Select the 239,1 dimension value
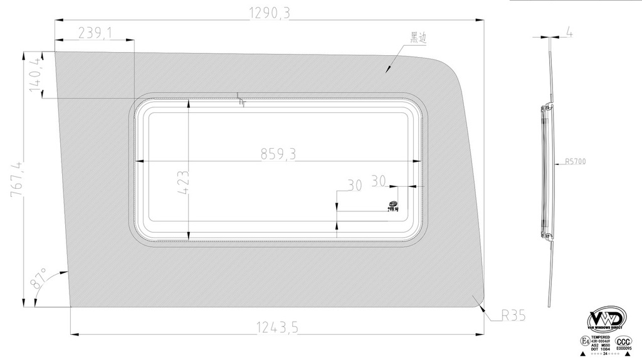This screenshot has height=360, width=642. [92, 33]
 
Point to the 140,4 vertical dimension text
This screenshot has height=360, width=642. [34, 75]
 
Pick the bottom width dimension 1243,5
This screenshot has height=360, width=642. [278, 327]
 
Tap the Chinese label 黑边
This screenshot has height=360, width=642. [418, 38]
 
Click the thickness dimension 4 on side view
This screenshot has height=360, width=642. [568, 31]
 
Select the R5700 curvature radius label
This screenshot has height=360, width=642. [575, 162]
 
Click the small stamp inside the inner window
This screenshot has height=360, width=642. [394, 206]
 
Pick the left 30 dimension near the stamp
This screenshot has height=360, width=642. [354, 186]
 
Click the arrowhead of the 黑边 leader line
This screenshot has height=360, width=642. [388, 70]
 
